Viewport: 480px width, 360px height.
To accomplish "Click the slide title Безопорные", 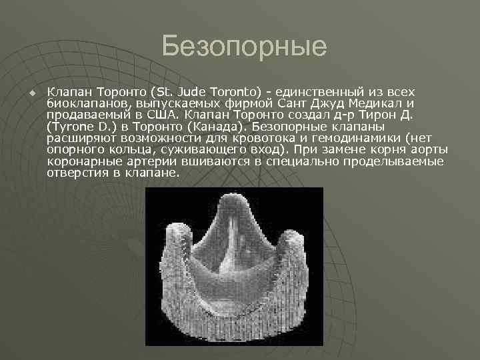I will [244, 47].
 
